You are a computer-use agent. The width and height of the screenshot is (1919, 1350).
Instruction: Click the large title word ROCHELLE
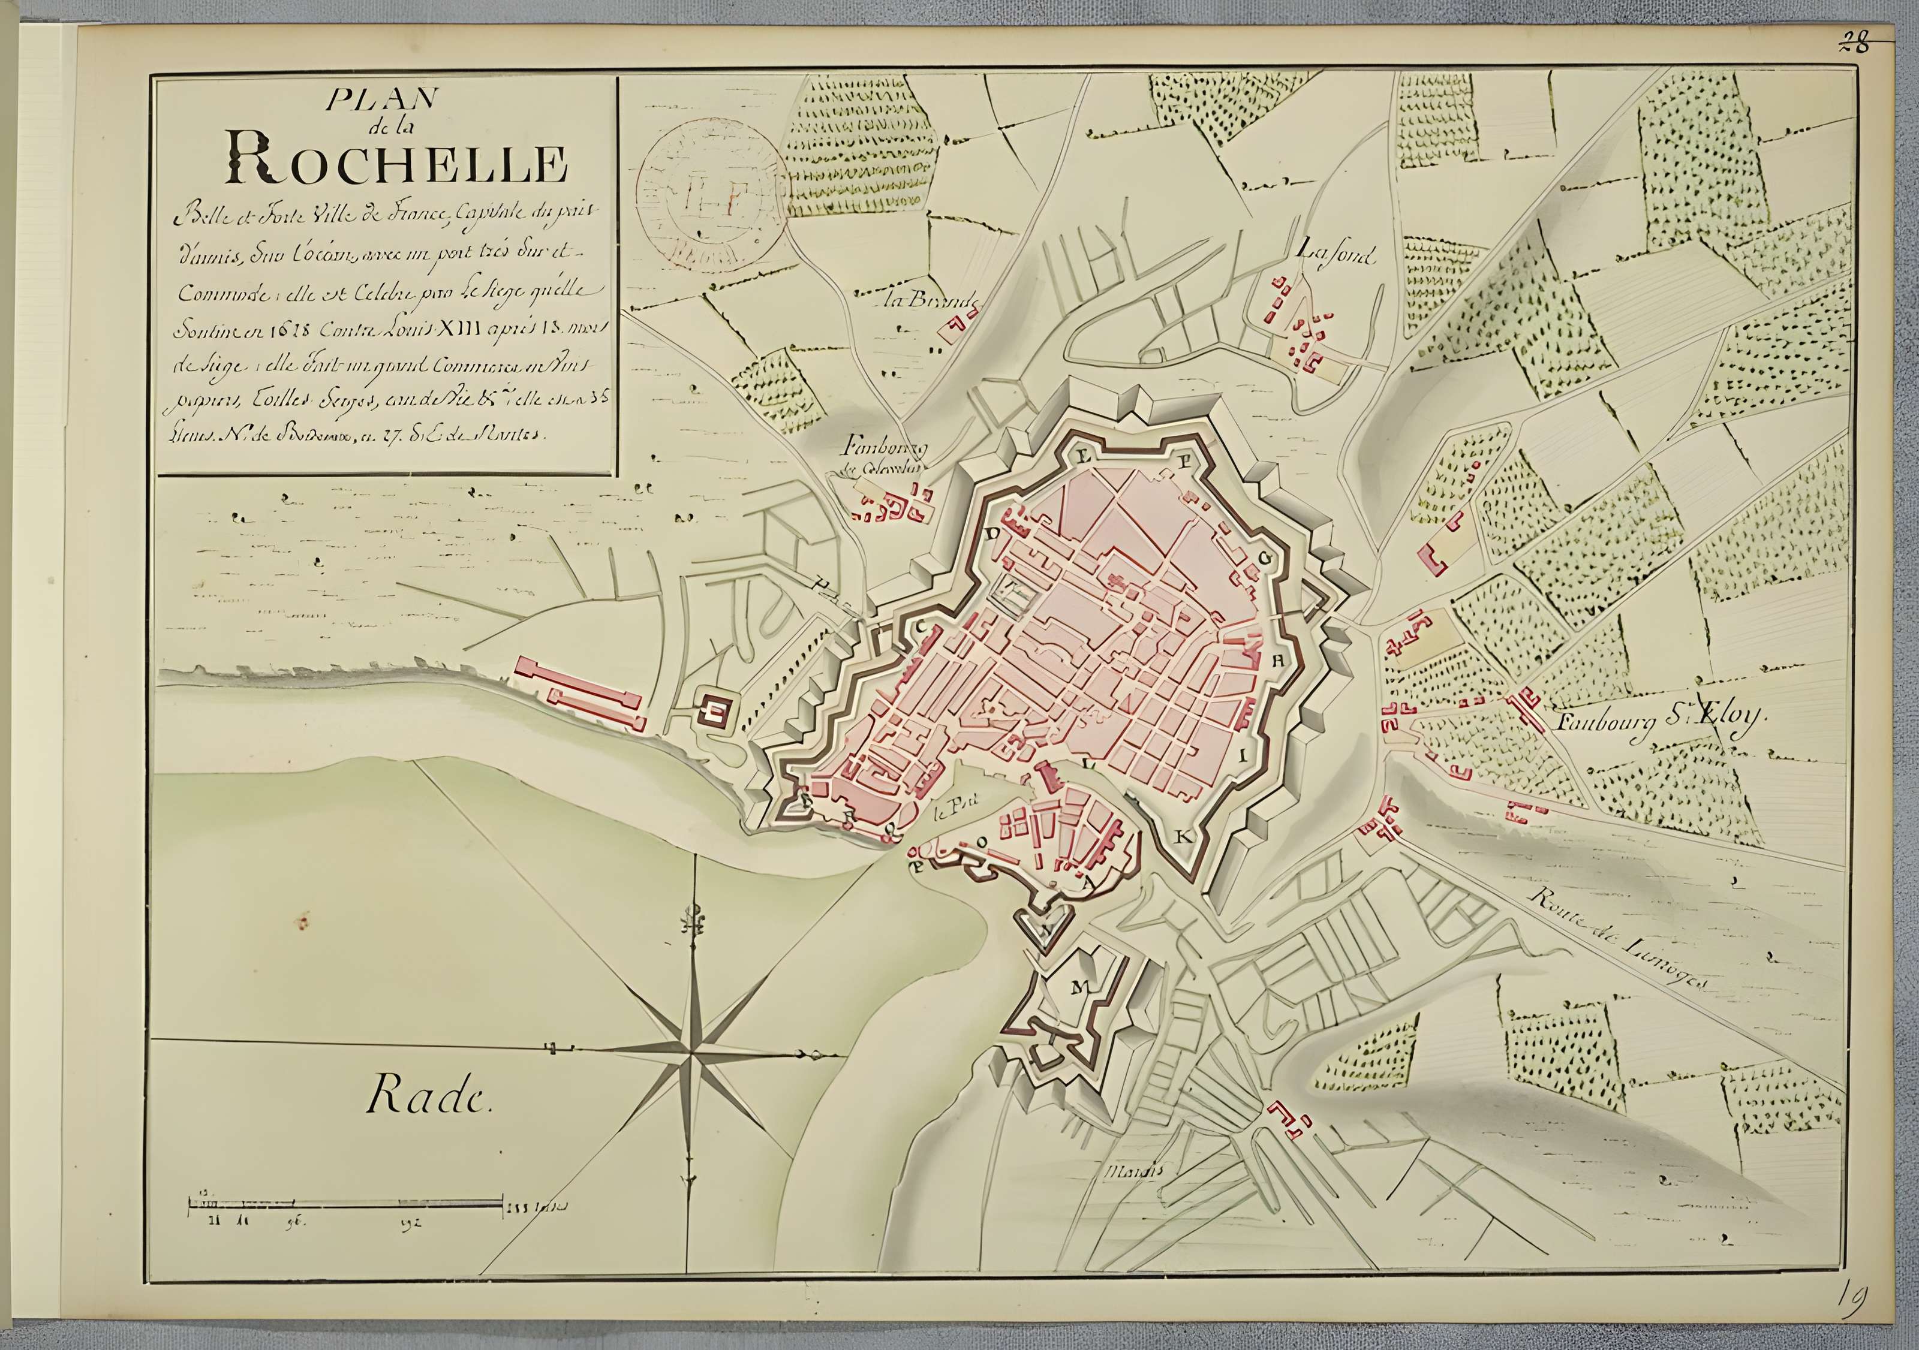pos(397,165)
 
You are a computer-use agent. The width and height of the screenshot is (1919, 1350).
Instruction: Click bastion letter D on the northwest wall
pos(994,532)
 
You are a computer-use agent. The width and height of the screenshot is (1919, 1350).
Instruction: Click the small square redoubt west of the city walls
pos(715,710)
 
